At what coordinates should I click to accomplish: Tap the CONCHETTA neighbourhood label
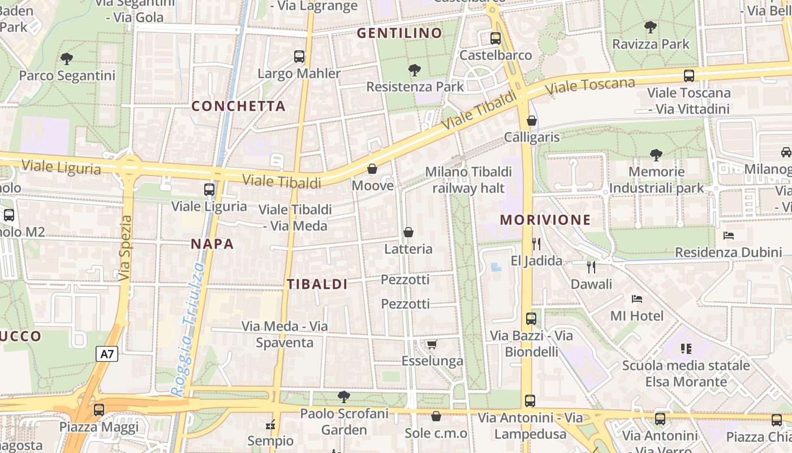(238, 106)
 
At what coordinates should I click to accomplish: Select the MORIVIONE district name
(545, 220)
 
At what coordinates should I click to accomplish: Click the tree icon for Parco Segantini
(67, 58)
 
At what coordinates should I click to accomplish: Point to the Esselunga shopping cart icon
(432, 344)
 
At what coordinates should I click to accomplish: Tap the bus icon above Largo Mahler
(299, 57)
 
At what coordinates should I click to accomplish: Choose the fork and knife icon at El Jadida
(536, 244)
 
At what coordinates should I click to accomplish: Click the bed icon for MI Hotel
(637, 298)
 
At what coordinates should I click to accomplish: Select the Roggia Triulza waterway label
(187, 328)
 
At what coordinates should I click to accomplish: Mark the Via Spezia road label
(126, 247)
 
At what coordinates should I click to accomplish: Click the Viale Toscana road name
(591, 86)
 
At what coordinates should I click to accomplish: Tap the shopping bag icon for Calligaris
(531, 121)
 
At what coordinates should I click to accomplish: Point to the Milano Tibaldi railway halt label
(468, 180)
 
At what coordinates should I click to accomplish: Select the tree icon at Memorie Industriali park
(656, 154)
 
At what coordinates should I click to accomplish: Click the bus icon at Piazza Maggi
(99, 410)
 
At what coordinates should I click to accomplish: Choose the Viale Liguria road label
(61, 168)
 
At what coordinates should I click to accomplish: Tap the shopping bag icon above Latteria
(408, 232)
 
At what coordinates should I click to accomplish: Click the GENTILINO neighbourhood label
(399, 33)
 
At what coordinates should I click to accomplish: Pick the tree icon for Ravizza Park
(651, 27)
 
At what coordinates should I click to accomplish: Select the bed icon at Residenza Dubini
(729, 235)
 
